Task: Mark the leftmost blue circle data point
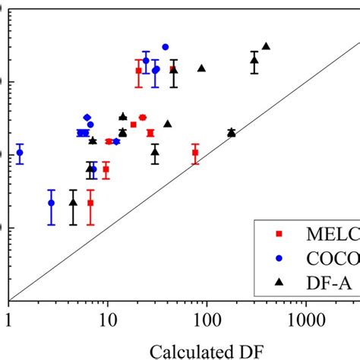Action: point(20,153)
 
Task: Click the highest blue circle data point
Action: point(166,47)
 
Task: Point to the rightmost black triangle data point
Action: point(266,46)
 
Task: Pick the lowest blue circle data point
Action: point(52,203)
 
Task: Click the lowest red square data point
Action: point(90,203)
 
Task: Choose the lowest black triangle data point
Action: point(73,202)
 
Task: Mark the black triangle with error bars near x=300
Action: point(254,60)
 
